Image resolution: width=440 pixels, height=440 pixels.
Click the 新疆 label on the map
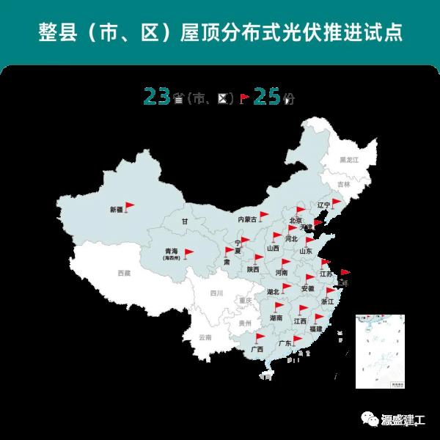(117, 210)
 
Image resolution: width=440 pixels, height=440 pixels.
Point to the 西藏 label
(124, 273)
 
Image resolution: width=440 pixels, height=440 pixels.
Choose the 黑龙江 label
(348, 159)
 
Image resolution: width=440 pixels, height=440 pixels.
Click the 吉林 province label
(344, 185)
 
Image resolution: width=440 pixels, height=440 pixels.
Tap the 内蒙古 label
(247, 219)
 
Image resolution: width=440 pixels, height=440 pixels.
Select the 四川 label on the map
(216, 293)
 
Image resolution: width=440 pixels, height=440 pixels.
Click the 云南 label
(204, 337)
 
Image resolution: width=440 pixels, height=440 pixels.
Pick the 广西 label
(257, 349)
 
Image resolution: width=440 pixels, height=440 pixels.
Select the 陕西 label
(253, 269)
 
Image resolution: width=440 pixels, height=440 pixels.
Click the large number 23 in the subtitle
(157, 96)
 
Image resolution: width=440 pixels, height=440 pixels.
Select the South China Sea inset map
(380, 351)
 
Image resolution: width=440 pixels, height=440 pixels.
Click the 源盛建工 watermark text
(403, 420)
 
